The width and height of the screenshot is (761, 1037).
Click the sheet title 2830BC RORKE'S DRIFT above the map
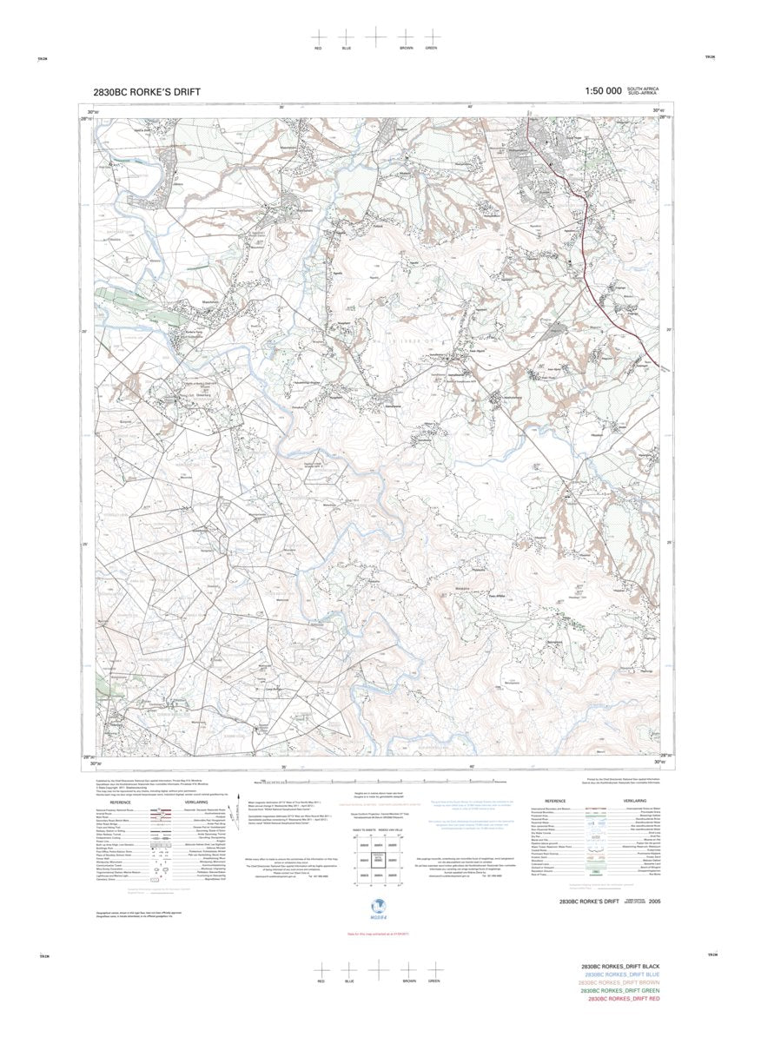[146, 92]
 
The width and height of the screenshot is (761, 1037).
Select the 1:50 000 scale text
[603, 91]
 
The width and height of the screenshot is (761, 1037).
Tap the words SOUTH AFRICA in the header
[644, 89]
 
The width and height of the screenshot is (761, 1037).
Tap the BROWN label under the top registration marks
[406, 48]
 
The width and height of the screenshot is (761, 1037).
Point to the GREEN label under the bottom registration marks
[433, 981]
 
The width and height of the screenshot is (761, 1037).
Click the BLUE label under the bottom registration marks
[348, 981]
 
